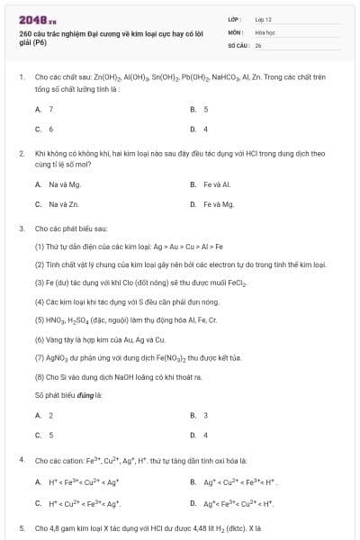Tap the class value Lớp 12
coord(263,19)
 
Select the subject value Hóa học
coord(265,31)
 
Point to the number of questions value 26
coord(258,43)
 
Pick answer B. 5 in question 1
coord(199,109)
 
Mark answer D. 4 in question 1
coord(199,129)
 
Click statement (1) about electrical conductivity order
coord(124,246)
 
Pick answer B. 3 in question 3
coord(199,415)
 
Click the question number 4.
coord(22,460)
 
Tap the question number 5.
coord(22,528)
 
